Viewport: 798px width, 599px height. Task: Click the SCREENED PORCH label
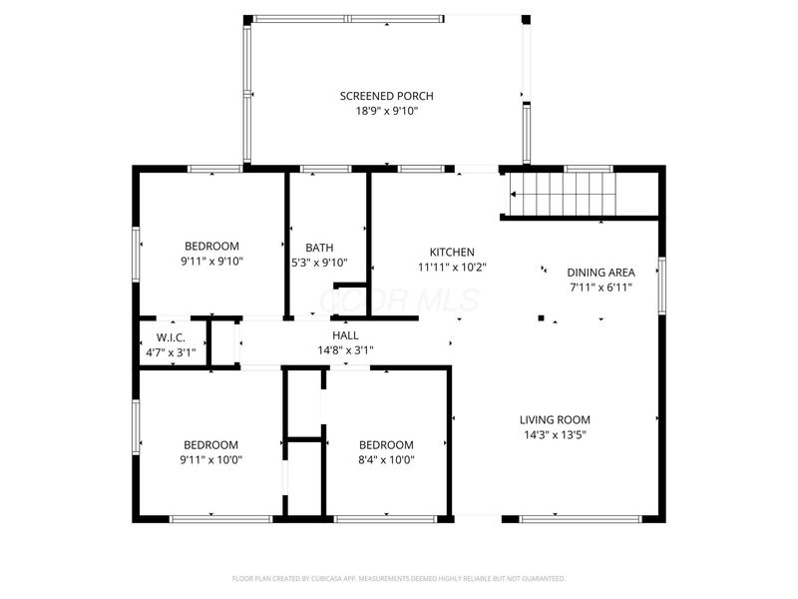(x=386, y=96)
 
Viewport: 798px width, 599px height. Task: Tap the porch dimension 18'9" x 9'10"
(x=386, y=111)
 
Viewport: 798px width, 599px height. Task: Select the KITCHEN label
(x=452, y=252)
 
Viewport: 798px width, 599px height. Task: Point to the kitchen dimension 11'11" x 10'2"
(x=452, y=267)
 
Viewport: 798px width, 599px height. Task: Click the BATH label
(x=319, y=248)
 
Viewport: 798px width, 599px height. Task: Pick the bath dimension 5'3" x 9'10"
(x=319, y=263)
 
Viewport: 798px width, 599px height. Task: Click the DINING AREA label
(x=600, y=272)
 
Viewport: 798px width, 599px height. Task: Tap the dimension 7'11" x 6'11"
(x=600, y=287)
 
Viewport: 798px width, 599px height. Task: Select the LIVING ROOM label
(x=555, y=419)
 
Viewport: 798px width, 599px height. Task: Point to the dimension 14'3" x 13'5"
(x=555, y=434)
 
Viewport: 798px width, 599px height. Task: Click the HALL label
(x=345, y=335)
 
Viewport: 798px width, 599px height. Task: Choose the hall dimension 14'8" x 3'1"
(x=345, y=350)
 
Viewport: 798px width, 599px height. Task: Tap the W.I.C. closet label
(x=171, y=337)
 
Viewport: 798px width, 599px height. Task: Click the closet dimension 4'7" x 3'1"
(x=171, y=352)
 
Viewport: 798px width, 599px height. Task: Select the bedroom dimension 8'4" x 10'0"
(x=386, y=459)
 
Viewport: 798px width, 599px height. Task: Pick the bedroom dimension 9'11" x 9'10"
(x=211, y=261)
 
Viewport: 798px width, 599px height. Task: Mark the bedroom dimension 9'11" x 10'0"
(x=211, y=459)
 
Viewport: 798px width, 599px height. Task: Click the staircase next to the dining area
(x=565, y=193)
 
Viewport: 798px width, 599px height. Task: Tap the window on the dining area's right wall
(x=661, y=285)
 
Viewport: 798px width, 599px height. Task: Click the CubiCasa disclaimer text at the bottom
(x=399, y=578)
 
